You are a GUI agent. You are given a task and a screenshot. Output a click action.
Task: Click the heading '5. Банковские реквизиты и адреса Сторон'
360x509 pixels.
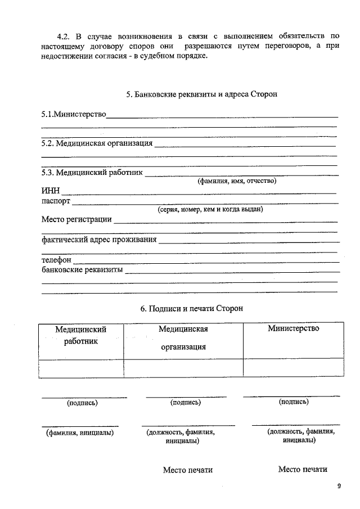pyautogui.click(x=201, y=94)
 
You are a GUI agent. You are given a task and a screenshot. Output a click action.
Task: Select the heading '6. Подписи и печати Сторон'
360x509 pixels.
pyautogui.click(x=191, y=309)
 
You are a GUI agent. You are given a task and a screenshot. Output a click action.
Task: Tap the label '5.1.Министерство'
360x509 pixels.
pyautogui.click(x=74, y=115)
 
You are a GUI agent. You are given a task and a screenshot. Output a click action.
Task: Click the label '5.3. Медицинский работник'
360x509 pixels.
pyautogui.click(x=93, y=172)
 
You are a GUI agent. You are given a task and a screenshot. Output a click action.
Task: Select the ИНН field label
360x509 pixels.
pyautogui.click(x=51, y=191)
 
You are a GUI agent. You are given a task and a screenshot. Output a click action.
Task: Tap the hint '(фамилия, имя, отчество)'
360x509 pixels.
pyautogui.click(x=236, y=181)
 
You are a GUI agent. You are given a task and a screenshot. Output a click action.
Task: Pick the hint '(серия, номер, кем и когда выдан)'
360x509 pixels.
pyautogui.click(x=210, y=210)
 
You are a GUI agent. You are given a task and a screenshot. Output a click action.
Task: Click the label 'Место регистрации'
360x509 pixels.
pyautogui.click(x=76, y=219)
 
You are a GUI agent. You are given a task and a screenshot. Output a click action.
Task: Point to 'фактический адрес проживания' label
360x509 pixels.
pyautogui.click(x=100, y=240)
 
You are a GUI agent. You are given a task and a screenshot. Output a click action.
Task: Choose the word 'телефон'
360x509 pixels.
pyautogui.click(x=56, y=260)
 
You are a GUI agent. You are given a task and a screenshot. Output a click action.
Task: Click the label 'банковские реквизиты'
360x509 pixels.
pyautogui.click(x=82, y=270)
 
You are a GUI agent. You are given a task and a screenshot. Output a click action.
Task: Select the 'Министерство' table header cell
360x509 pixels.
pyautogui.click(x=294, y=328)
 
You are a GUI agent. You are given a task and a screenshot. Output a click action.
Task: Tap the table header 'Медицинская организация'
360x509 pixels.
pyautogui.click(x=183, y=337)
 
